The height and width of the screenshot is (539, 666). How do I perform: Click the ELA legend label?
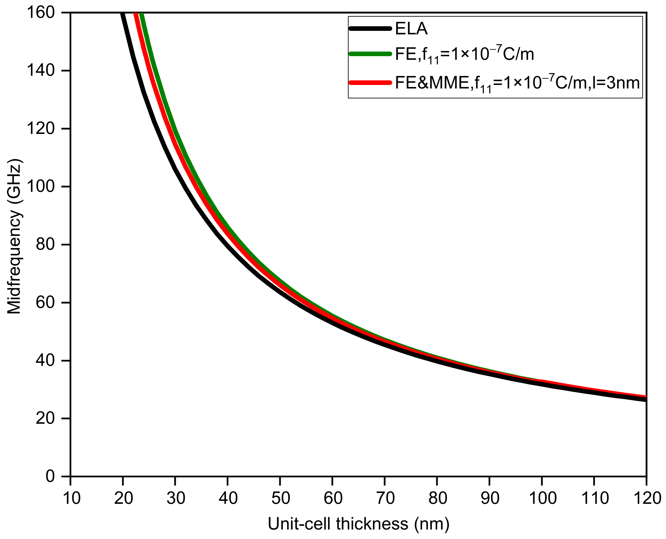411,29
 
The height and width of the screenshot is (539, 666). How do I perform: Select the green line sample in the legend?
370,54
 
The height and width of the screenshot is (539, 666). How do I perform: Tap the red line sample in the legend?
370,82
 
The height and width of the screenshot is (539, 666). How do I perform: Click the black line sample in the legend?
370,29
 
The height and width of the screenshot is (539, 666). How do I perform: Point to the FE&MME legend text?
517,83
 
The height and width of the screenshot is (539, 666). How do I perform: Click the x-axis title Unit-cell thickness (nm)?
359,524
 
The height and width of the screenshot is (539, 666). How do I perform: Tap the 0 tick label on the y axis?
50,476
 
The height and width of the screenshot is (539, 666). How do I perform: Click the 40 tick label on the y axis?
45,360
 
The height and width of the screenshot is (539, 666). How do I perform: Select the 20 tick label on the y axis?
45,419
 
